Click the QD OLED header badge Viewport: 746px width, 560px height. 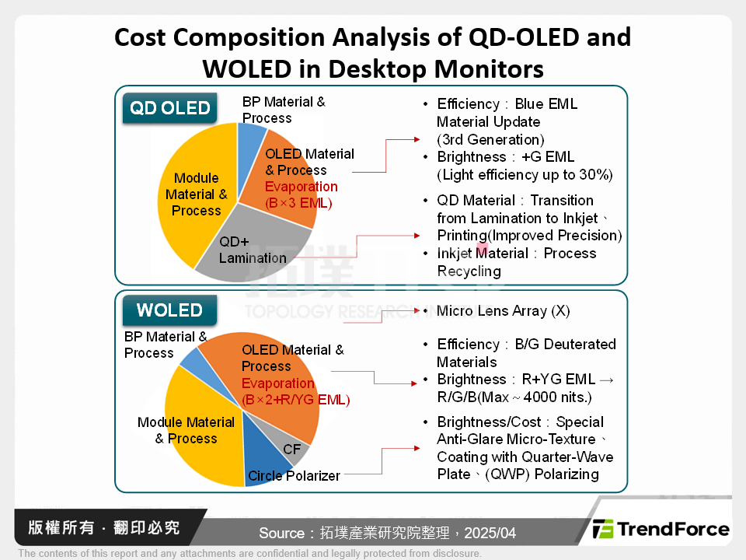coord(170,108)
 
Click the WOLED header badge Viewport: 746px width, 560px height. coord(169,310)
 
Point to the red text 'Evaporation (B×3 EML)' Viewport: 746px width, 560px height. coord(301,195)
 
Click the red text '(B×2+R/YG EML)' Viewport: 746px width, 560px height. coord(295,400)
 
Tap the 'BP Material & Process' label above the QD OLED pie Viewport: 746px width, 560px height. coord(284,110)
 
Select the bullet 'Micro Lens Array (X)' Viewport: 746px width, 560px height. coord(503,311)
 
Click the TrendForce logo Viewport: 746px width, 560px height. coord(661,530)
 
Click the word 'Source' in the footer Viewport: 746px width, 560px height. coord(281,533)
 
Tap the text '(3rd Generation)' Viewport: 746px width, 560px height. coord(490,140)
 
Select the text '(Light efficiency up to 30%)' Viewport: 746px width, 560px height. coord(525,174)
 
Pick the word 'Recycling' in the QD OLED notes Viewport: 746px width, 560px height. coord(469,271)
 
